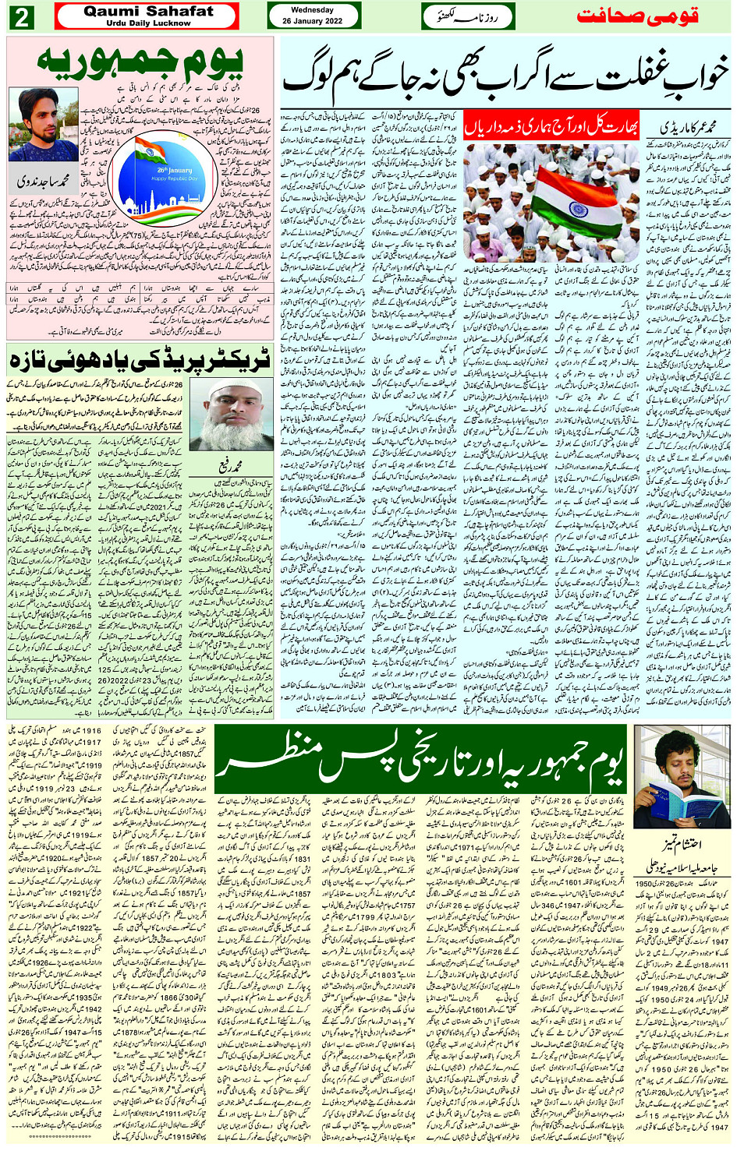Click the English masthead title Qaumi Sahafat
tap(148, 11)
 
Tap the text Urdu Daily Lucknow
tap(148, 23)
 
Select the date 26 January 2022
tap(313, 21)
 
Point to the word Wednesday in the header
tap(313, 10)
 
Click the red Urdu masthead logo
tap(637, 16)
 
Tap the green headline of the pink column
tap(140, 62)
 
